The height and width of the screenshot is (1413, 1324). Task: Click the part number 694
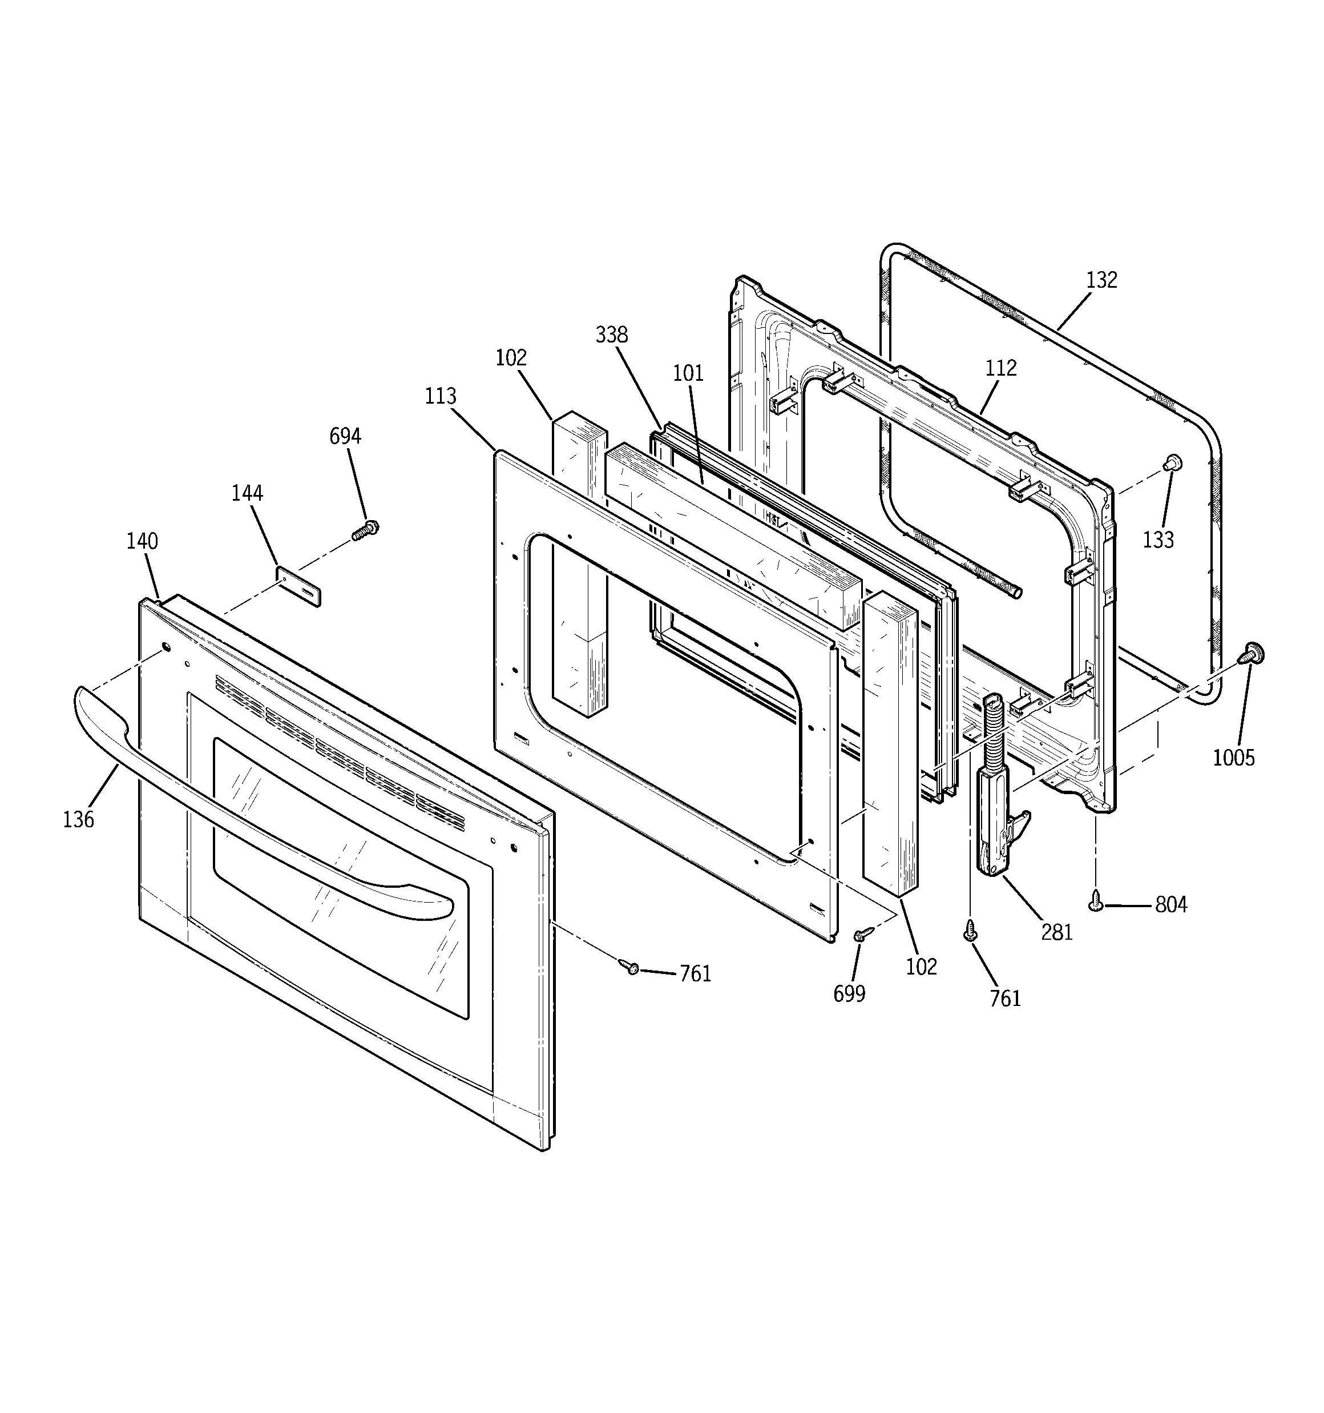[345, 436]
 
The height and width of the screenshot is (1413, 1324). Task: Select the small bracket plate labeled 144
[298, 586]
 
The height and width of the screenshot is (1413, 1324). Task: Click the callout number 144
[247, 493]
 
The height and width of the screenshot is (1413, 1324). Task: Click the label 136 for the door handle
[78, 819]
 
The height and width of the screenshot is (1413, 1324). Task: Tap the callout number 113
[441, 396]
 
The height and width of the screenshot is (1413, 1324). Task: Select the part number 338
[611, 334]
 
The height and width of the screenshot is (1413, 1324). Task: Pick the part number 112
[1000, 368]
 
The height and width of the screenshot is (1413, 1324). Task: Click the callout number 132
[1101, 280]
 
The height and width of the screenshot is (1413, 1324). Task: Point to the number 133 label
[1158, 540]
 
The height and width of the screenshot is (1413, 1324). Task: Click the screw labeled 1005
[1252, 652]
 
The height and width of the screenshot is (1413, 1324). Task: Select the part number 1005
[1234, 758]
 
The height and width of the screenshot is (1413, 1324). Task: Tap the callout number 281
[1057, 932]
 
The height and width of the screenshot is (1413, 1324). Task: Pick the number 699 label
[849, 993]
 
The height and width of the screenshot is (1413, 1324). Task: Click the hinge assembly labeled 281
[994, 803]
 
